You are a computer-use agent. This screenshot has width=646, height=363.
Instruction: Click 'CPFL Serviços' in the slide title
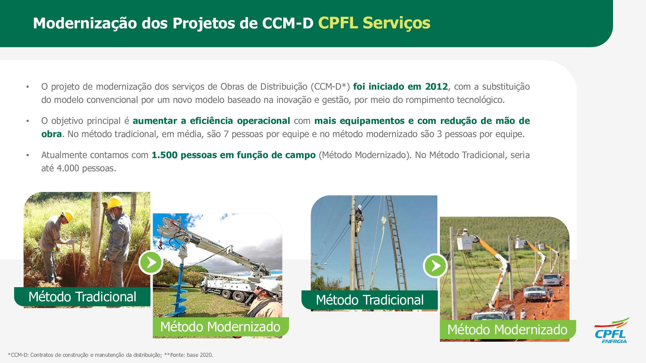click(x=374, y=23)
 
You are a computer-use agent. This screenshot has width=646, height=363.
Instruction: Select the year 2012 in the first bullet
click(x=436, y=86)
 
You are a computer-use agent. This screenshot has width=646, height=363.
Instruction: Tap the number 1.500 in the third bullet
click(x=164, y=155)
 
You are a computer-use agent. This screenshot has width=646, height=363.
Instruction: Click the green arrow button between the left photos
click(x=151, y=263)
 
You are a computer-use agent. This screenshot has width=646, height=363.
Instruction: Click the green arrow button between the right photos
click(x=435, y=266)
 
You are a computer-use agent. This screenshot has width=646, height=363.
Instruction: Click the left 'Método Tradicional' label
click(x=82, y=297)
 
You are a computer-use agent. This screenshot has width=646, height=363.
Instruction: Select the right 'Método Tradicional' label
click(x=370, y=300)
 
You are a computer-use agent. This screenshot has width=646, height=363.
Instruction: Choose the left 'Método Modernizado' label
click(x=220, y=327)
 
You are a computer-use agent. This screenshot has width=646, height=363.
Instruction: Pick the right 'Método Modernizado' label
click(x=507, y=330)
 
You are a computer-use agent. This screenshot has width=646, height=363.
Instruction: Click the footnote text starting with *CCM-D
click(x=110, y=355)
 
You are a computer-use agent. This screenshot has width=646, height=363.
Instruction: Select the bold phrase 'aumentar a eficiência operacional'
click(x=211, y=121)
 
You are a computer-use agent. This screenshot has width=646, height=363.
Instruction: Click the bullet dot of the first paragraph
click(x=28, y=87)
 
